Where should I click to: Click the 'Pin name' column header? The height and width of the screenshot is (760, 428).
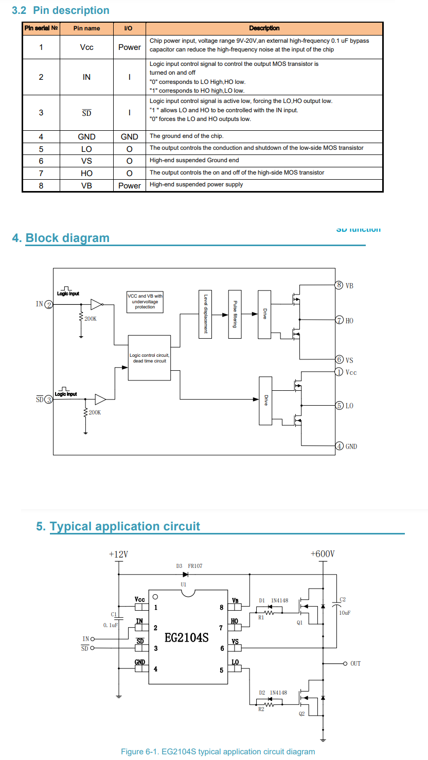tap(86, 28)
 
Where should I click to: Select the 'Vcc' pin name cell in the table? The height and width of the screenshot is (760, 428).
tap(86, 47)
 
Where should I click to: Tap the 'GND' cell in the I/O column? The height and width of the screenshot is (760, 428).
tap(129, 136)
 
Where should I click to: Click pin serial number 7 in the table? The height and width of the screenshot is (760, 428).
tap(41, 173)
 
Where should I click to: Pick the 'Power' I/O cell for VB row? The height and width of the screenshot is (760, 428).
tap(129, 185)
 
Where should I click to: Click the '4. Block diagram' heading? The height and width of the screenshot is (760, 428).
tap(61, 238)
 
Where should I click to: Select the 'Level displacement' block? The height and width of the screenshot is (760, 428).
tap(205, 314)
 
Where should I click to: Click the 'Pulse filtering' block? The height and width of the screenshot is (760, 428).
tap(235, 314)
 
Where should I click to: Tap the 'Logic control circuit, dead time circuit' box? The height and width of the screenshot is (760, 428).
tap(149, 358)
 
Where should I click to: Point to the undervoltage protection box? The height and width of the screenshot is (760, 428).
tap(145, 302)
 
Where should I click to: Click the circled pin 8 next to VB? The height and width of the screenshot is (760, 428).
tap(338, 285)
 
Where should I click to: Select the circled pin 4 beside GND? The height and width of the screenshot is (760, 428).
tap(339, 446)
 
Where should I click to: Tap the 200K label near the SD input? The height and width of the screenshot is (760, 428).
tap(95, 412)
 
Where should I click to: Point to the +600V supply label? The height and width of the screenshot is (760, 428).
tap(323, 554)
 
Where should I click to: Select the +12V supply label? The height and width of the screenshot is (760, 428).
tap(118, 554)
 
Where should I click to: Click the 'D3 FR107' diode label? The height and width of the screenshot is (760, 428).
tap(189, 566)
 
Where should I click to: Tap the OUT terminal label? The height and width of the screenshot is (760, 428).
tap(355, 664)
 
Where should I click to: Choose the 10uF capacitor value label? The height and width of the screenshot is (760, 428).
tap(346, 613)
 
